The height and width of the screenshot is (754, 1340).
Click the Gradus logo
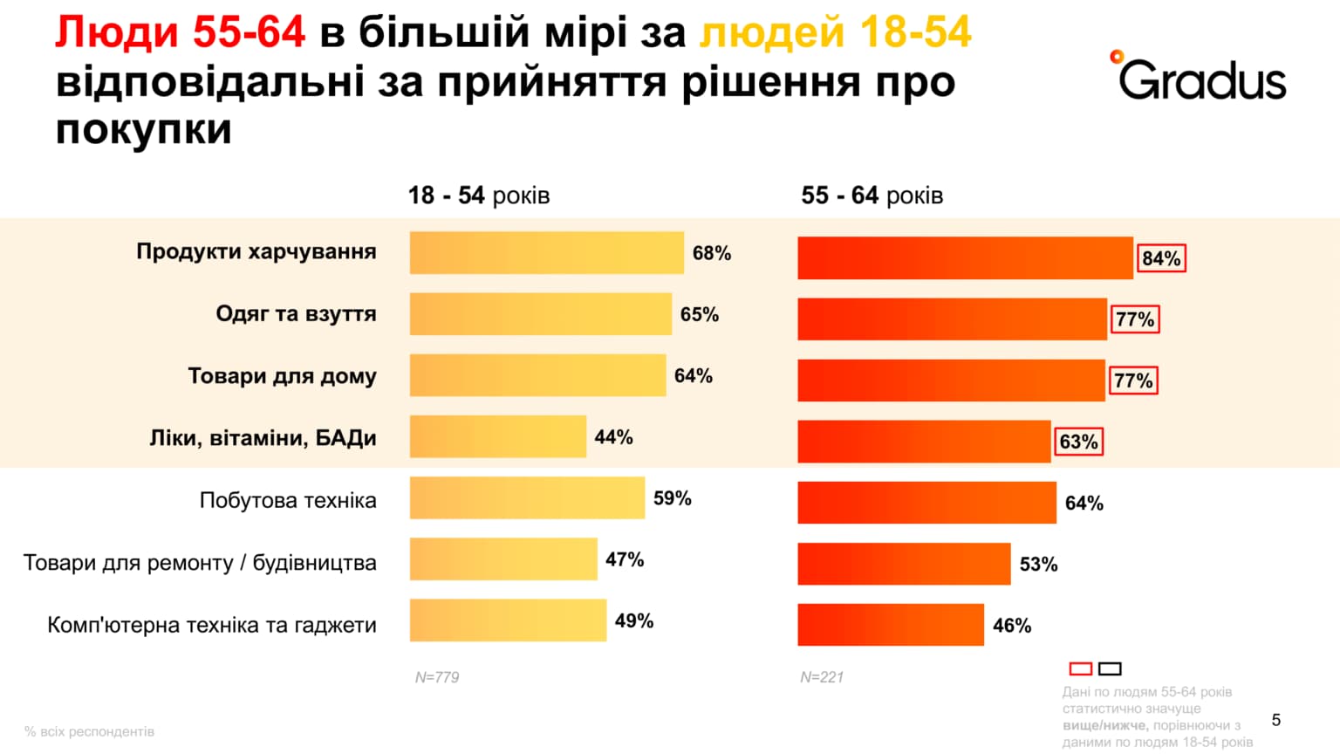1200,76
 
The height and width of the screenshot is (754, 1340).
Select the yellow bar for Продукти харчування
546,253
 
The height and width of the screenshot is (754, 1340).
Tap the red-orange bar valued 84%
965,258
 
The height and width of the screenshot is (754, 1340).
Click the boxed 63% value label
1078,442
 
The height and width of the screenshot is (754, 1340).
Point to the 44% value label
613,437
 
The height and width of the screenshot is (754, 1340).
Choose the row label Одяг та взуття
296,314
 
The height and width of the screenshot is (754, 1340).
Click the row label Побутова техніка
288,500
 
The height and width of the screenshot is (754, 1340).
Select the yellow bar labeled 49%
508,620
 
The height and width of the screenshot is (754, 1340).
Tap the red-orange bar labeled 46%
890,625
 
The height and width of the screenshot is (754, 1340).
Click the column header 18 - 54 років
479,195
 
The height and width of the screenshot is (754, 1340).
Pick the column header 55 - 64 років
872,195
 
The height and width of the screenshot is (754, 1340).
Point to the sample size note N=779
437,677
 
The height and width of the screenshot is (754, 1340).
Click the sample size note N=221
822,677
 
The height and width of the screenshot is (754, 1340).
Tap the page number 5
1276,720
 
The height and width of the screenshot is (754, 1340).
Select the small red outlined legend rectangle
1081,668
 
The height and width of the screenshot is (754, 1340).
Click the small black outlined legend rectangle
1110,668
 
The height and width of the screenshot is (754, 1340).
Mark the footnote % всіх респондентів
89,731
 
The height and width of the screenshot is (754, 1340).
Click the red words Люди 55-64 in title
180,33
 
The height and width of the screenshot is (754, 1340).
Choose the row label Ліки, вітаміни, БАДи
263,437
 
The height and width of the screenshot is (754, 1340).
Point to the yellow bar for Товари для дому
537,375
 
